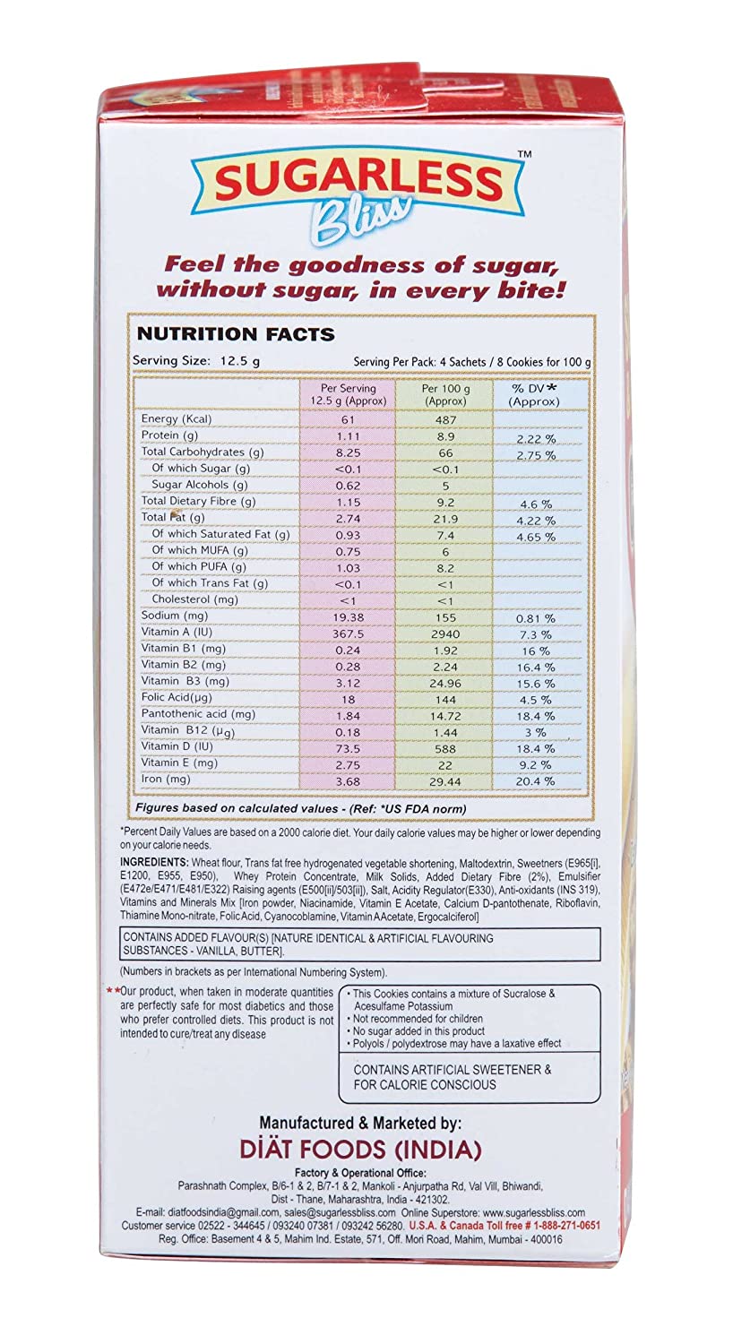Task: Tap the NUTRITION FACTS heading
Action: tap(235, 334)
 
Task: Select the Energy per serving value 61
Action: tap(349, 419)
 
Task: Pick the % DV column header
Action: tap(533, 394)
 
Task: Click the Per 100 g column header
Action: tap(445, 394)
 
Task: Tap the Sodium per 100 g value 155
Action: tap(445, 616)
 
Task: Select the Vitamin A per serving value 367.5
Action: tap(349, 633)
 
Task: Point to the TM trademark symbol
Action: tap(525, 155)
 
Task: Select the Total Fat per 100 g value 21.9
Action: tap(445, 518)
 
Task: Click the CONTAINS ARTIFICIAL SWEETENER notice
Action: tap(453, 1076)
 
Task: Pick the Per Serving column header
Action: tap(349, 394)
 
